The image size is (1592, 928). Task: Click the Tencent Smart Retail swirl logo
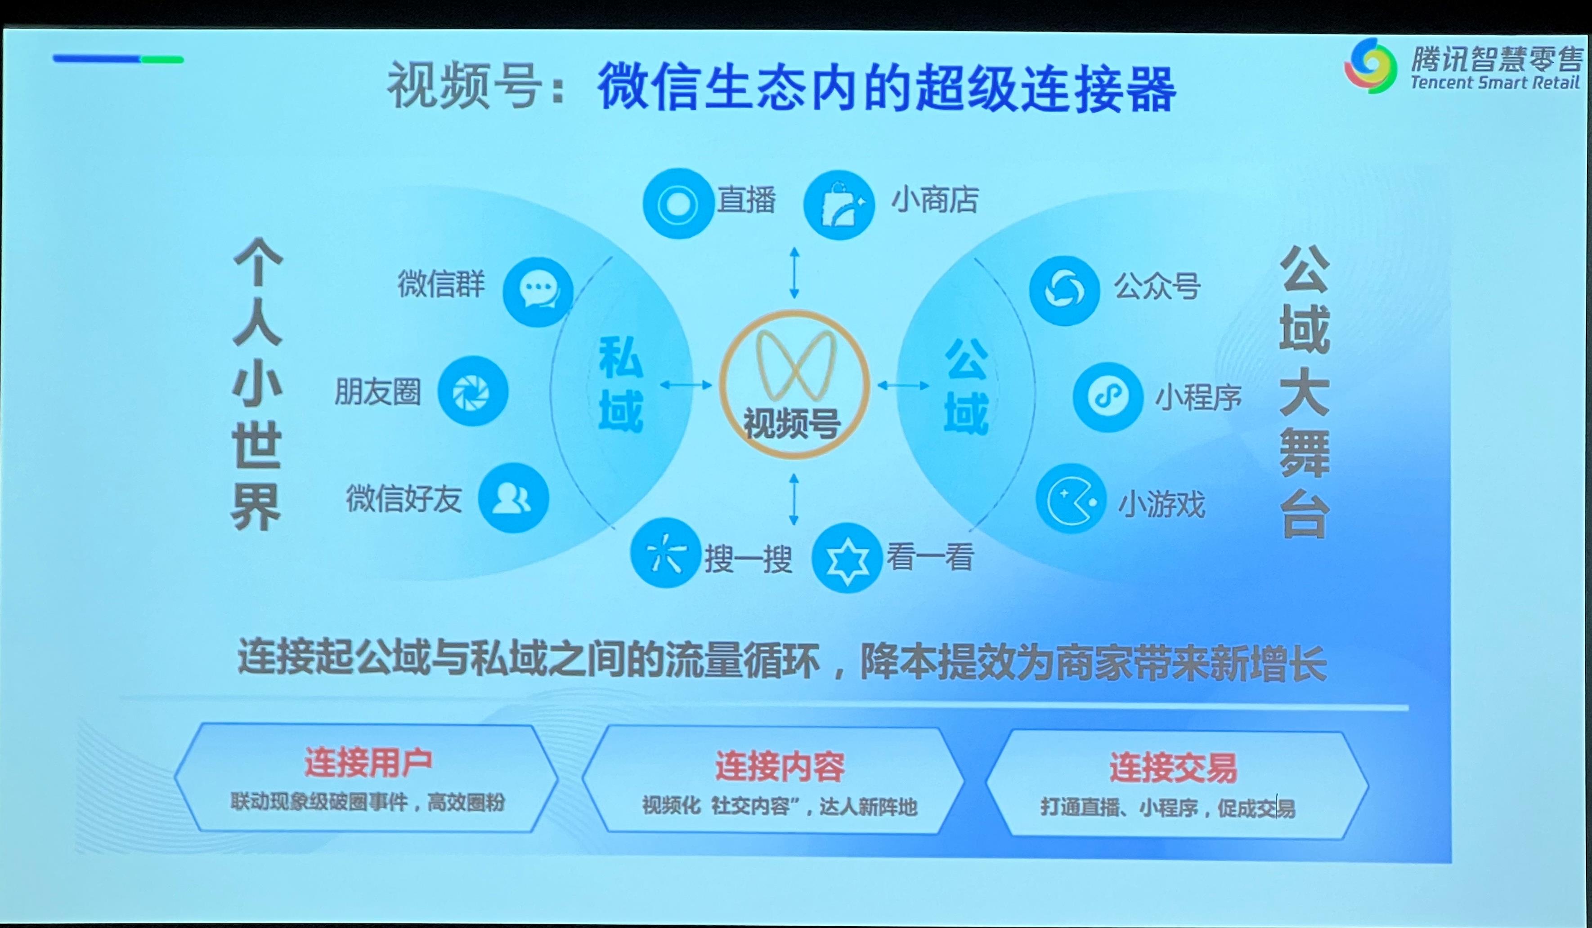click(x=1370, y=65)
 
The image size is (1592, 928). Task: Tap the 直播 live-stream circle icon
click(x=678, y=203)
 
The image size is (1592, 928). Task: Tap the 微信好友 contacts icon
click(x=513, y=498)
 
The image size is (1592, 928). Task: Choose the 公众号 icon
click(x=1064, y=290)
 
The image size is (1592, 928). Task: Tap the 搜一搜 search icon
click(x=666, y=553)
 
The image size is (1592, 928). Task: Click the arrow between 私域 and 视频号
click(x=686, y=385)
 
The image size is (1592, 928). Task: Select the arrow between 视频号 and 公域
click(x=903, y=385)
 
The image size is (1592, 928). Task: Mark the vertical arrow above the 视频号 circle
click(x=794, y=273)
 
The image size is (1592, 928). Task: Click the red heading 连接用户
click(x=368, y=763)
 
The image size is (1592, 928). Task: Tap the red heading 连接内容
click(x=780, y=766)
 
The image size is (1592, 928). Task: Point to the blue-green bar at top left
click(x=118, y=59)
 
